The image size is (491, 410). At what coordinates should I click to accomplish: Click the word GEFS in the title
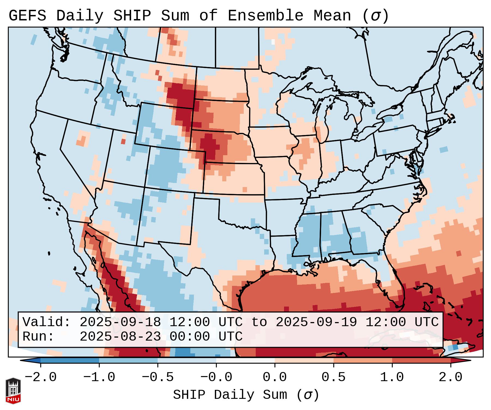pyautogui.click(x=28, y=16)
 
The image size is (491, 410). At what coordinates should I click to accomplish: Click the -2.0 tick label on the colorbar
pyautogui.click(x=41, y=377)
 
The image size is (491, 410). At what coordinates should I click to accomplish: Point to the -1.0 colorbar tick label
pyautogui.click(x=99, y=377)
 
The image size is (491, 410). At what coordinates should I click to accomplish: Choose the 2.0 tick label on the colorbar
pyautogui.click(x=451, y=377)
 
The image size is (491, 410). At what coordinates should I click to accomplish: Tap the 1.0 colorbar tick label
pyautogui.click(x=392, y=377)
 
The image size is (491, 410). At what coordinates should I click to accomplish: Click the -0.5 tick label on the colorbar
pyautogui.click(x=158, y=377)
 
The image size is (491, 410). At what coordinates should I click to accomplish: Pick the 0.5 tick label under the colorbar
pyautogui.click(x=334, y=377)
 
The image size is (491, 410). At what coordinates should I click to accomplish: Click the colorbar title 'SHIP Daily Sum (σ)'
pyautogui.click(x=246, y=395)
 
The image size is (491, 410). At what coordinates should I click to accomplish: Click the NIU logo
pyautogui.click(x=13, y=391)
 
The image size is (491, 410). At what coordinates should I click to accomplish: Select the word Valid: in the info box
pyautogui.click(x=47, y=322)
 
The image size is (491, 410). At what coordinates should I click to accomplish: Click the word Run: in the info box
pyautogui.click(x=38, y=336)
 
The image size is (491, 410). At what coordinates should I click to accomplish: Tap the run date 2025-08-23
pyautogui.click(x=120, y=336)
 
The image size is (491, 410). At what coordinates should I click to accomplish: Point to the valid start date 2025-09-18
pyautogui.click(x=120, y=322)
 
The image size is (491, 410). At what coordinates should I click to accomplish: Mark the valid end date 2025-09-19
pyautogui.click(x=316, y=322)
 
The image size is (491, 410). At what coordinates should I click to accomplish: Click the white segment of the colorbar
pyautogui.click(x=245, y=360)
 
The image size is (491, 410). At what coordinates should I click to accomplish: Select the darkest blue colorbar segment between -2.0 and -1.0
pyautogui.click(x=70, y=360)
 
